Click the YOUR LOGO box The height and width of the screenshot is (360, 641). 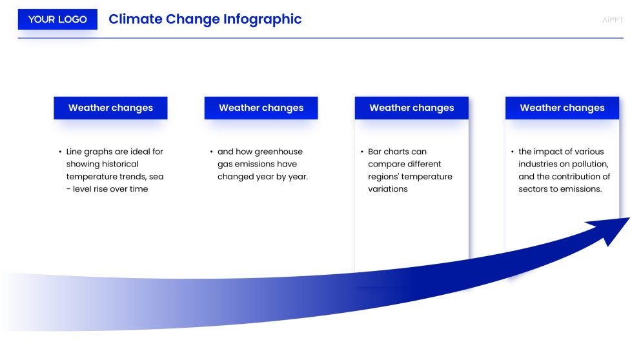57,19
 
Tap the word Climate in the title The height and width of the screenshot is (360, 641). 135,19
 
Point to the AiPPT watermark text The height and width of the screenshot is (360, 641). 612,19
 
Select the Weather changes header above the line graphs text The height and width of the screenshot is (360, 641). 110,108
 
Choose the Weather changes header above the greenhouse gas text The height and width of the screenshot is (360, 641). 261,108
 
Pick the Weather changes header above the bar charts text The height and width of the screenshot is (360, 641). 411,108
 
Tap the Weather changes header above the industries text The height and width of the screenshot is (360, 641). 562,108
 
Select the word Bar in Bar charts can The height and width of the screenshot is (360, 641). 375,152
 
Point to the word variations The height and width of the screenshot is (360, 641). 388,189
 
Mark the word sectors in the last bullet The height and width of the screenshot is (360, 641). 533,189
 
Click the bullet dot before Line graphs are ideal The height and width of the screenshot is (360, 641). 60,152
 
